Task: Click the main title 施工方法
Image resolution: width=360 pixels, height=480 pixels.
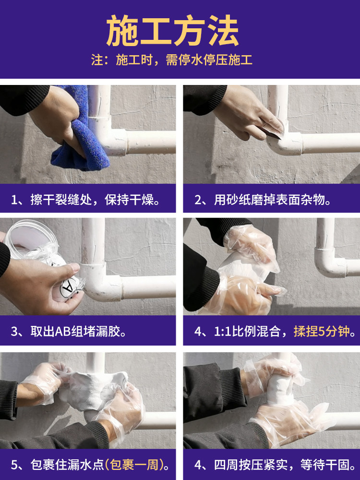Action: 172,31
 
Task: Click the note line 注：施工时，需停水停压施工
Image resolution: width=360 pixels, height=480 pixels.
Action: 172,60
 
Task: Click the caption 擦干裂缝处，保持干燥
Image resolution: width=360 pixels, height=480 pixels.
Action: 95,200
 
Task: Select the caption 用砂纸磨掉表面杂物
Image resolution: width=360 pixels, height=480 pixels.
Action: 273,200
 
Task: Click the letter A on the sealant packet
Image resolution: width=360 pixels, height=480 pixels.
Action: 67,288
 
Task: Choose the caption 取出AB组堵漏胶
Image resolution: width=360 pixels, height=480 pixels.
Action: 78,331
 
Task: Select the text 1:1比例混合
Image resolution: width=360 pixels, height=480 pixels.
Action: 247,331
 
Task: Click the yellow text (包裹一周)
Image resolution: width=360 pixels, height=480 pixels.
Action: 134,465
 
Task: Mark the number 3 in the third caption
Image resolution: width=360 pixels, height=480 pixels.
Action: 14,332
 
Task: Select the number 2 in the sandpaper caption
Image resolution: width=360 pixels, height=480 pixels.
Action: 198,200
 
